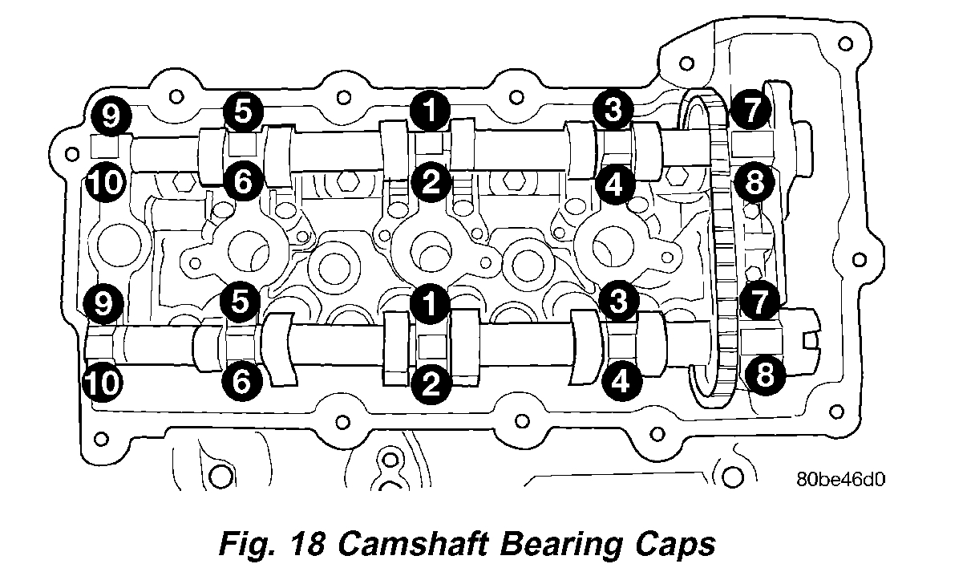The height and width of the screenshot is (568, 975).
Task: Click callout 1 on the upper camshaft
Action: tap(431, 112)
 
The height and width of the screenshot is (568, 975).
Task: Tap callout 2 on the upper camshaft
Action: tap(431, 183)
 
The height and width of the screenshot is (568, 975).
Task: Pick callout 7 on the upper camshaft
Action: tap(751, 112)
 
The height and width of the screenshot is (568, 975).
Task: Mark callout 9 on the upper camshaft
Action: tap(110, 115)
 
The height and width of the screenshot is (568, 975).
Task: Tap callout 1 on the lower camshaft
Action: tap(431, 302)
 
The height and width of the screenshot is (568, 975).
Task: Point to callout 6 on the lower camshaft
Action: tap(242, 381)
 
